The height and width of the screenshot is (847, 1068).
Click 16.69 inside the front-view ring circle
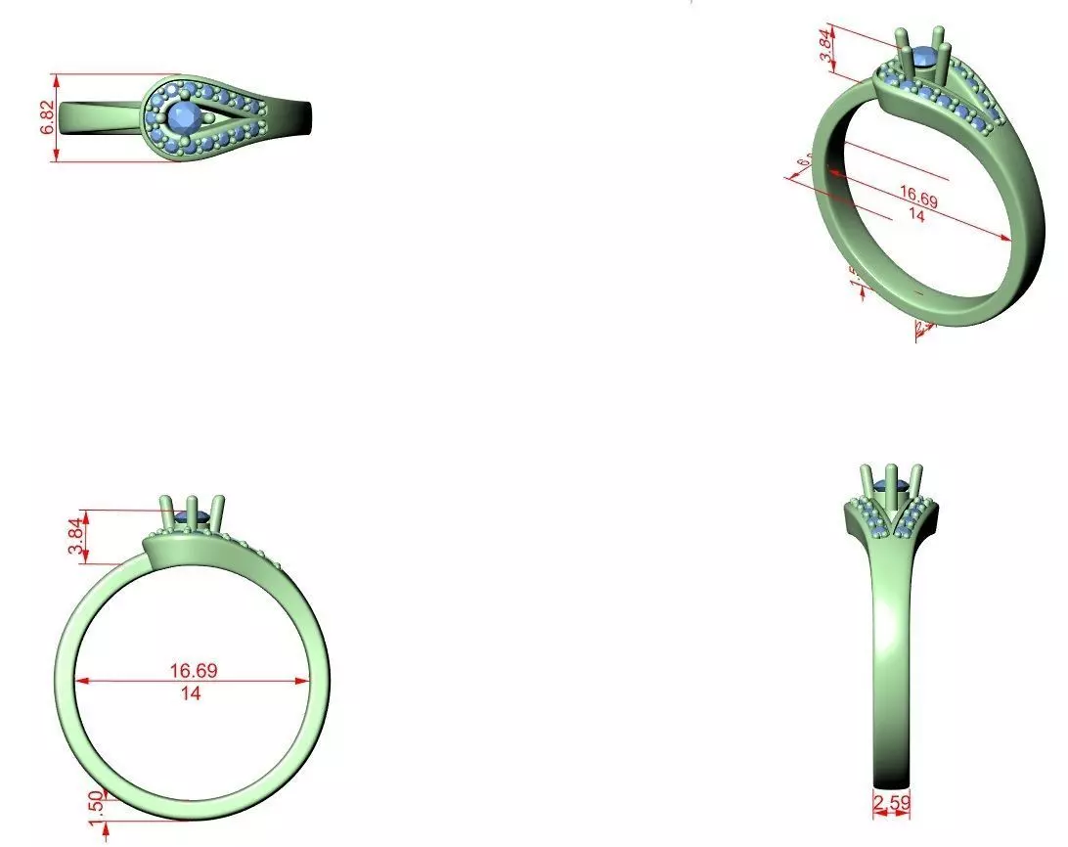pos(194,671)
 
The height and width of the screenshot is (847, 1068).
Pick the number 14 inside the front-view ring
pos(191,693)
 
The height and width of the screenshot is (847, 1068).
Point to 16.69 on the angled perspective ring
pos(918,200)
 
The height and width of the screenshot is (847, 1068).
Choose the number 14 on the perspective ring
pos(916,216)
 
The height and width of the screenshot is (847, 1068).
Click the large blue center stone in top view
pos(183,117)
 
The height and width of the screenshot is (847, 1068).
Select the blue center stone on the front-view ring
pos(193,516)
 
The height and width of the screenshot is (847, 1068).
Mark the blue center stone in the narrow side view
pos(891,489)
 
